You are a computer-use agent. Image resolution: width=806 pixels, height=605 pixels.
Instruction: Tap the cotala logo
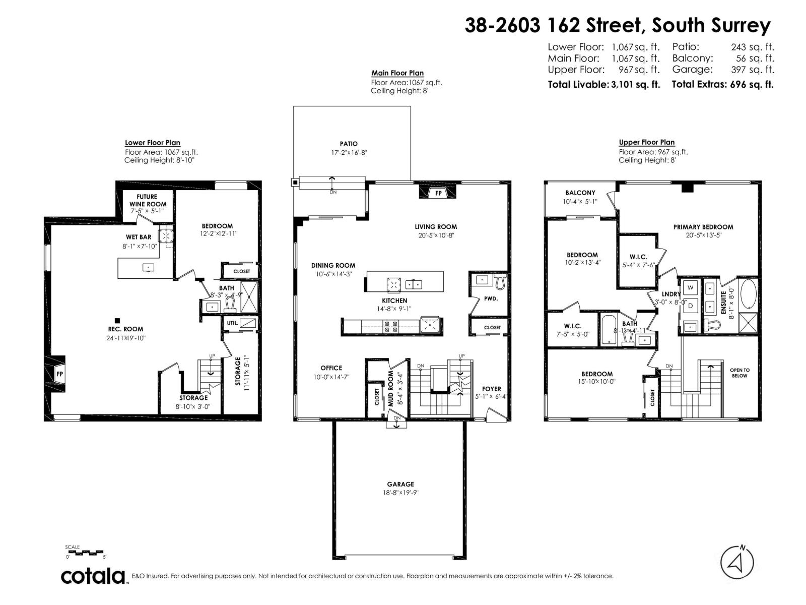click(x=94, y=576)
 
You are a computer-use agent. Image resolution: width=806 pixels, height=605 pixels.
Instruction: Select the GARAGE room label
click(x=400, y=484)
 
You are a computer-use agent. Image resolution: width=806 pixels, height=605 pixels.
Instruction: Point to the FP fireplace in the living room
click(x=438, y=193)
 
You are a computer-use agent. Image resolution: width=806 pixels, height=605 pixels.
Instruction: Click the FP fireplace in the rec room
click(x=59, y=374)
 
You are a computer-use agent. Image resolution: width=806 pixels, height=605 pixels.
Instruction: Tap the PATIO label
click(x=349, y=144)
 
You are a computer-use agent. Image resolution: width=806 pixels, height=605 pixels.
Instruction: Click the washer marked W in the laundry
click(x=691, y=287)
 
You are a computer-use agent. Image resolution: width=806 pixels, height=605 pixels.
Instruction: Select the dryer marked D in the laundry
click(x=691, y=306)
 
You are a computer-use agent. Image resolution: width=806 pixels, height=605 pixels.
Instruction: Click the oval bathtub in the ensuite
click(x=748, y=293)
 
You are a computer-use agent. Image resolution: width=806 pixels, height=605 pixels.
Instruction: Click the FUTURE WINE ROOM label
click(x=147, y=201)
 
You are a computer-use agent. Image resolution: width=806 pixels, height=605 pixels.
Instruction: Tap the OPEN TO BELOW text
click(x=740, y=373)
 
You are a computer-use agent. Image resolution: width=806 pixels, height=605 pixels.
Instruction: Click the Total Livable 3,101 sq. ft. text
click(x=603, y=85)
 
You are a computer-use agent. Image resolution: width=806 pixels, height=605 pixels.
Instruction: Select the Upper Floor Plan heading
click(x=646, y=142)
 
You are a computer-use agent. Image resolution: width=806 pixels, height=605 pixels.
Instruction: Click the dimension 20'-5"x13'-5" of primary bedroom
click(x=703, y=235)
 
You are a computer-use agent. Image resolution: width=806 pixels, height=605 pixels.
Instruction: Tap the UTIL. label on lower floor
click(x=232, y=323)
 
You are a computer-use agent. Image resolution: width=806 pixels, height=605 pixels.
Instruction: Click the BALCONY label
click(x=580, y=193)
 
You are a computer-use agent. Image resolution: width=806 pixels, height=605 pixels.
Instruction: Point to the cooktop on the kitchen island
click(x=393, y=285)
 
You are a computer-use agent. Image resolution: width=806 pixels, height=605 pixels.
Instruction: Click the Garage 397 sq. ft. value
click(x=753, y=70)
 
